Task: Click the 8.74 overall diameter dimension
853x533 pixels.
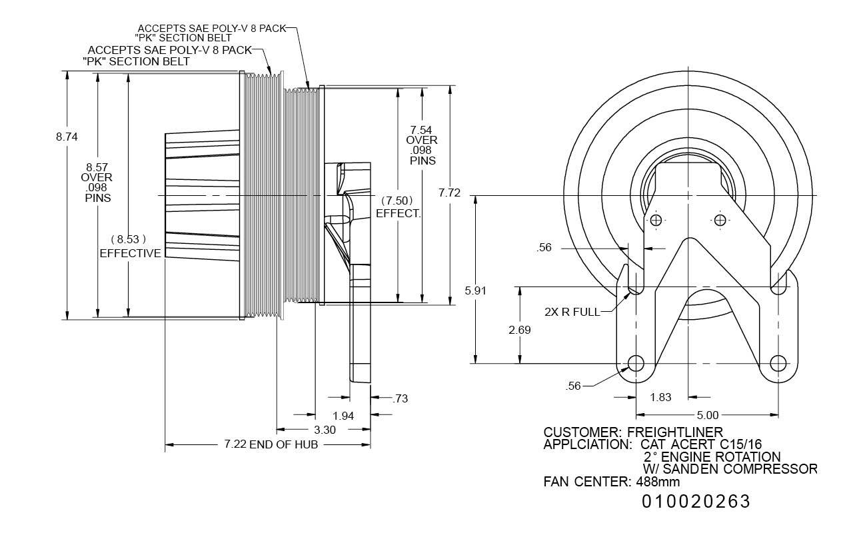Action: click(67, 137)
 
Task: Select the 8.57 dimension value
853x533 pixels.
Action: click(97, 167)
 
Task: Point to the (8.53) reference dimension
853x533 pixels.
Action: click(128, 239)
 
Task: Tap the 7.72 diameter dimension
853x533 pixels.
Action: click(450, 193)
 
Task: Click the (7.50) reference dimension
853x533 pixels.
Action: click(398, 201)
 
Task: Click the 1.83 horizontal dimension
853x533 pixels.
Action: click(660, 397)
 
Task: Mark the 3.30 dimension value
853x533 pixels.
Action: click(324, 430)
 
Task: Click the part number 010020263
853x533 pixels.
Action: click(696, 502)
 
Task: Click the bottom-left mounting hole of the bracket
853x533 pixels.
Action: click(636, 364)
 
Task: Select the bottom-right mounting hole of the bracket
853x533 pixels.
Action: click(778, 364)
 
